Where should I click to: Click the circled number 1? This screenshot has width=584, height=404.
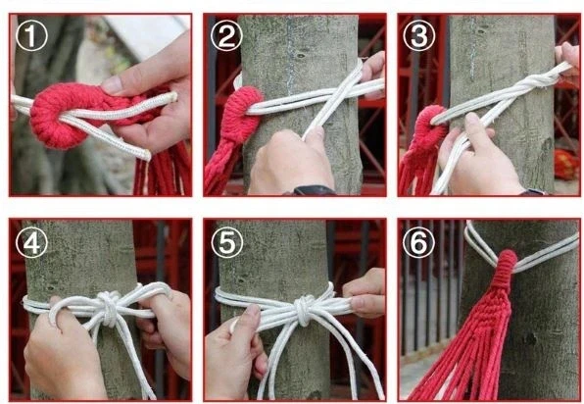click(x=31, y=35)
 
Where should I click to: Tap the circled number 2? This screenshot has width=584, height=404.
click(x=226, y=35)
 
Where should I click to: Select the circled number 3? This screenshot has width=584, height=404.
click(x=419, y=35)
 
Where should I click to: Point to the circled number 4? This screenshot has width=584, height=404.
click(x=31, y=242)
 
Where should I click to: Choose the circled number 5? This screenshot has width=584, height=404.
click(x=226, y=242)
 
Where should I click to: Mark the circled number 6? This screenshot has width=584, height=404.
click(x=418, y=242)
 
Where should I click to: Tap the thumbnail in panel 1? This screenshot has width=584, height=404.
click(x=112, y=85)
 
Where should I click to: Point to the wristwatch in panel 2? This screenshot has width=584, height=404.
click(x=313, y=190)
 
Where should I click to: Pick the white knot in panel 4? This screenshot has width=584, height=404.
click(x=109, y=308)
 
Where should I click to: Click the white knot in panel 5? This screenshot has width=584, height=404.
click(x=305, y=309)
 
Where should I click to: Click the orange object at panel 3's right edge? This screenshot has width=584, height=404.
click(x=567, y=165)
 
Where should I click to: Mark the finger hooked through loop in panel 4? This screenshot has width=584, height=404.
click(x=56, y=313)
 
